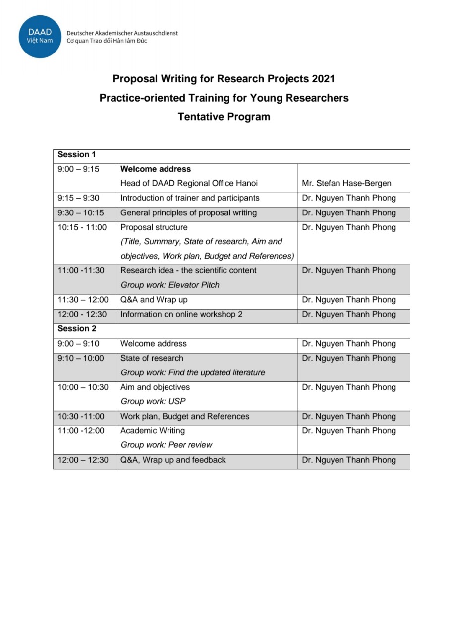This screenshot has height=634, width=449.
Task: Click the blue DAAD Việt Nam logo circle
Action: (40, 36)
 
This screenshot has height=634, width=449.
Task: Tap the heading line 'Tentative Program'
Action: (224, 117)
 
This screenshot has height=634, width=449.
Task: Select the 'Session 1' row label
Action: (77, 155)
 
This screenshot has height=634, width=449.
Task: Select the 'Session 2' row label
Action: (77, 329)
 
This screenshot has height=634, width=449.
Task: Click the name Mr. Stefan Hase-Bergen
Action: (346, 183)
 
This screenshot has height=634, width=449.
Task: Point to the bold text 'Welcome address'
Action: (156, 169)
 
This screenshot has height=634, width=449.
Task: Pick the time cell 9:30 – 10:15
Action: (81, 213)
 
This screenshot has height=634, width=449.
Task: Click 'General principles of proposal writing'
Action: (188, 213)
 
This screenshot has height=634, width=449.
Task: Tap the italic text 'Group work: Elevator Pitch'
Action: (170, 285)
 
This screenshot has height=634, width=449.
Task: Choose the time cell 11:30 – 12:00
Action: (83, 300)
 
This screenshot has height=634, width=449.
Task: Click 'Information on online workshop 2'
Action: (181, 314)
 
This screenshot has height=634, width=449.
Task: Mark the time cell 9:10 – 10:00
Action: (81, 358)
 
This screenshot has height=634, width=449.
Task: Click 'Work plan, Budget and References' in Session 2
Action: (185, 416)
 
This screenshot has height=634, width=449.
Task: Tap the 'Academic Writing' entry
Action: (153, 431)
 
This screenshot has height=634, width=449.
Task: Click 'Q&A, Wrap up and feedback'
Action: (173, 460)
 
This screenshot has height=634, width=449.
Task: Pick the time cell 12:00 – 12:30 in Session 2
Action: (83, 460)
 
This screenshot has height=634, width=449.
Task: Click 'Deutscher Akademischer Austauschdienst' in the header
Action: (122, 33)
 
